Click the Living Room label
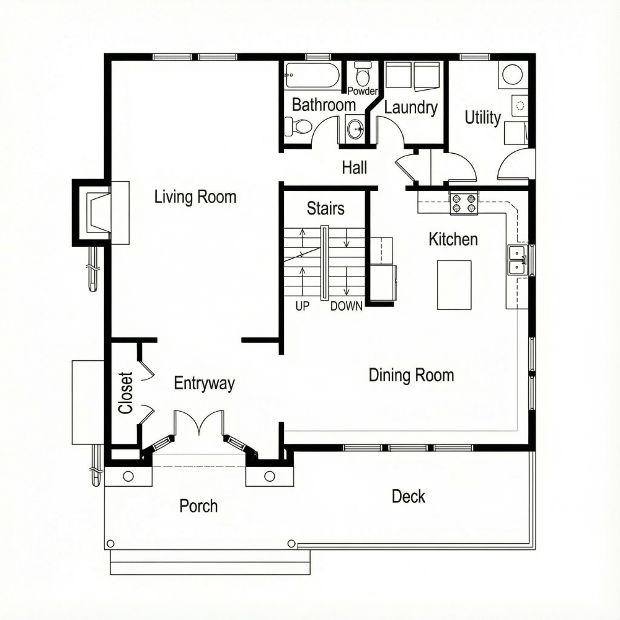pos(195,197)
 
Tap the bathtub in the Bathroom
pos(312,76)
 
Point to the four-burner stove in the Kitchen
pos(464,203)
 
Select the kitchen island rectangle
pos(454,285)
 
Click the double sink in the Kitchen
pos(516,260)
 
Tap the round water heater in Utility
pos(512,75)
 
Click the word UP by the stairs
pos(302,306)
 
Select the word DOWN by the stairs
pos(346,306)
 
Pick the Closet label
pos(126,392)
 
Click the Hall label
pos(354,167)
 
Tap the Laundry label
pos(410,107)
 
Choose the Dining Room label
pos(411,375)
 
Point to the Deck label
pos(409,496)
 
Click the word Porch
pos(198,506)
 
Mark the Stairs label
pos(325,208)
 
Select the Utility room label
pos(482,117)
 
